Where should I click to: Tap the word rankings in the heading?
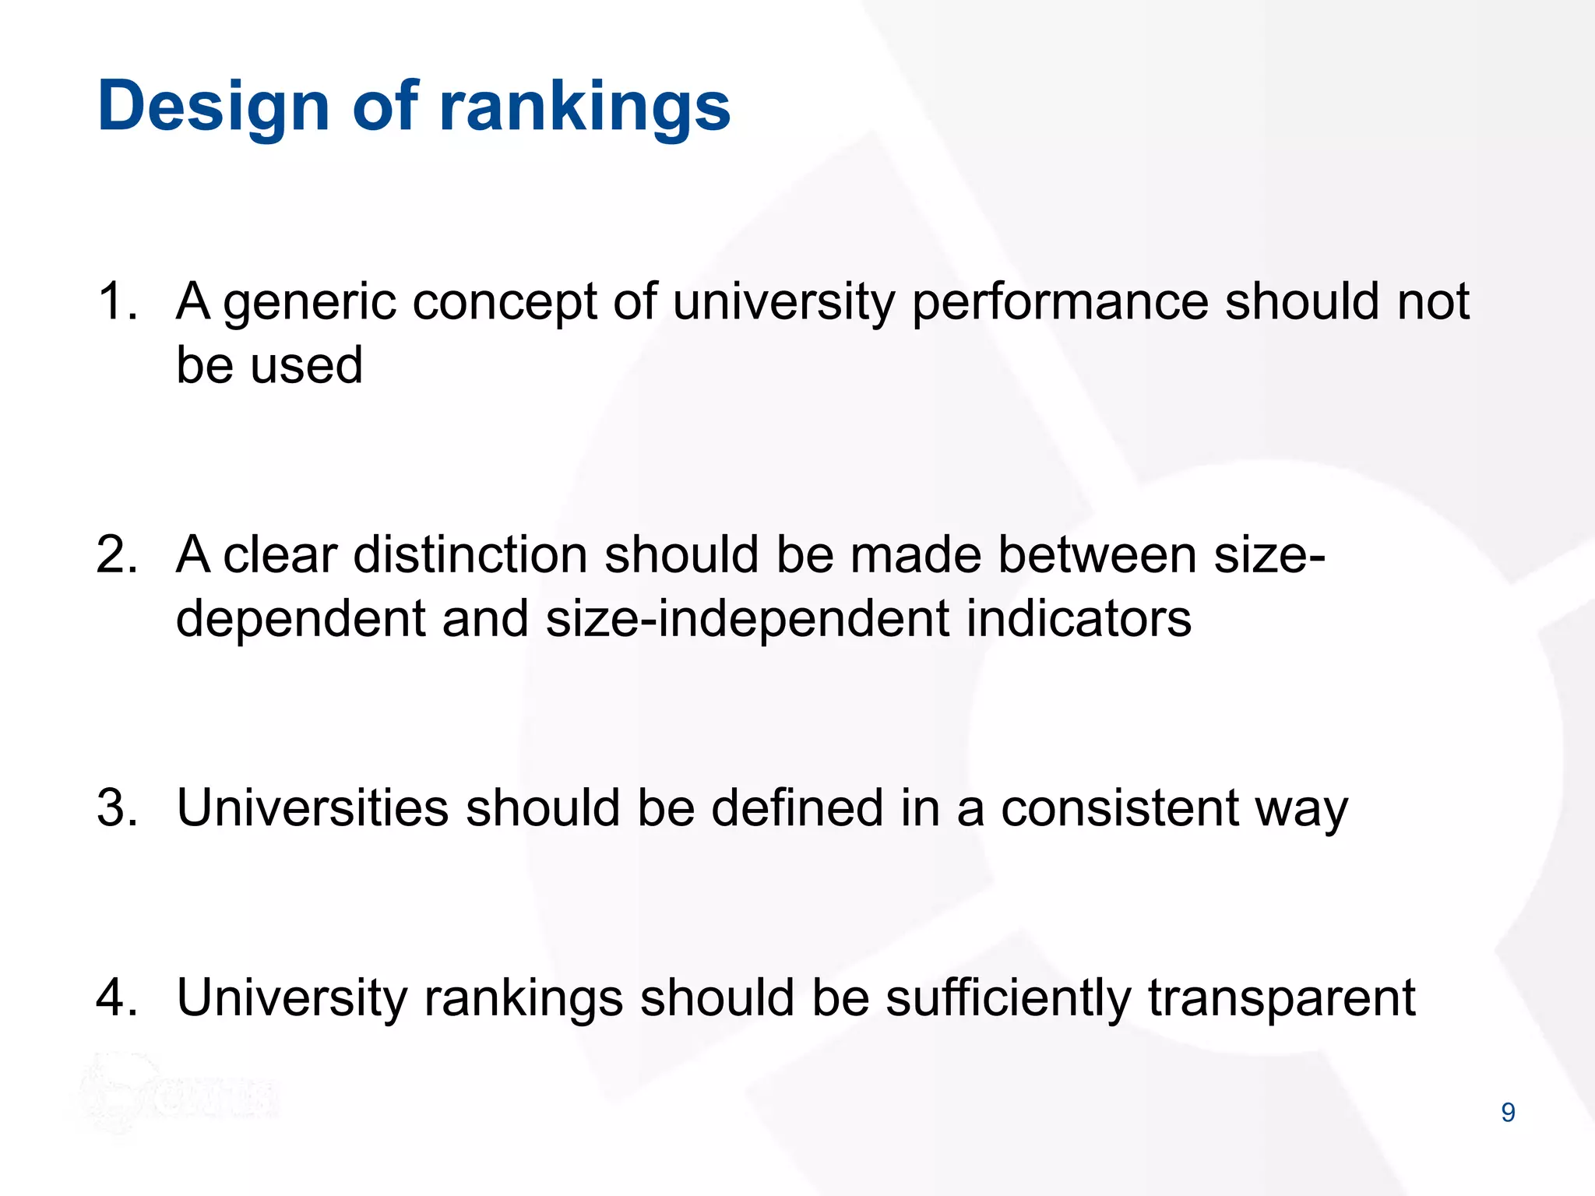pyautogui.click(x=585, y=107)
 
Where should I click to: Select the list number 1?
pyautogui.click(x=117, y=301)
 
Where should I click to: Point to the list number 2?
pyautogui.click(x=117, y=555)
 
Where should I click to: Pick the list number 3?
pyautogui.click(x=117, y=807)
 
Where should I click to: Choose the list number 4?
pyautogui.click(x=117, y=997)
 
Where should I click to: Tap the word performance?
pyautogui.click(x=1060, y=303)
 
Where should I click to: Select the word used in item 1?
pyautogui.click(x=307, y=365)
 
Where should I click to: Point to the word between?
pyautogui.click(x=1097, y=555)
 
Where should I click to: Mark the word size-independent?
pyautogui.click(x=748, y=619)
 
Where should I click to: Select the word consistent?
pyautogui.click(x=1119, y=807)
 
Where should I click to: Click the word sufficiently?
pyautogui.click(x=1008, y=999)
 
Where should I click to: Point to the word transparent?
pyautogui.click(x=1281, y=999)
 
